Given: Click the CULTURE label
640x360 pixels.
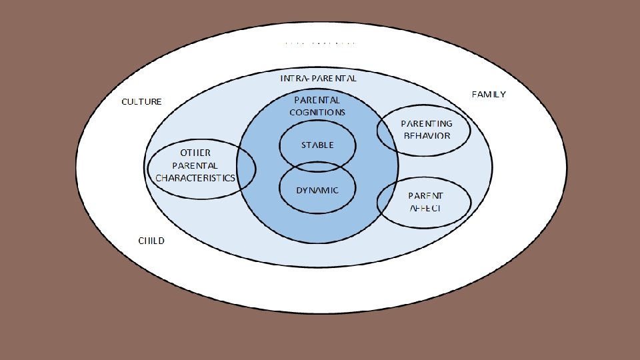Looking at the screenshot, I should pos(141,102).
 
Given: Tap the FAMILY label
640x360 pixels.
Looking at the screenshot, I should pos(489,94).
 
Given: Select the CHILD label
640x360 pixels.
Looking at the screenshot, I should pos(151,241).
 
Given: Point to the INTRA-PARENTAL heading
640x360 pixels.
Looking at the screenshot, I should pos(319,78).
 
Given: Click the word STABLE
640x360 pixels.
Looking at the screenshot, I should pos(317,145).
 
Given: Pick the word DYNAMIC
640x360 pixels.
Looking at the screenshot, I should pos(317,190).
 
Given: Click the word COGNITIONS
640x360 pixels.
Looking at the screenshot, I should pos(317,112).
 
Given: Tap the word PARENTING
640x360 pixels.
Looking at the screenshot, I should pos(426,123).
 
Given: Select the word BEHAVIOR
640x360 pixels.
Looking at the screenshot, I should pos(427,135).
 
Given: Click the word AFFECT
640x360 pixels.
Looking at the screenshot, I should pos(425,207).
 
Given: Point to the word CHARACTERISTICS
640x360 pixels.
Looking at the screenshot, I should pos(195,178).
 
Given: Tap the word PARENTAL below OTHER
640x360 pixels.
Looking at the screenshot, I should pos(195,165).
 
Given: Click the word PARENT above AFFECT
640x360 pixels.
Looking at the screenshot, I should pos(425,195).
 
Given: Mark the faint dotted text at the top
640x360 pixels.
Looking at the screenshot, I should pos(319,43).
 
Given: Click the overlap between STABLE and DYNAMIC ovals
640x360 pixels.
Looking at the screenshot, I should pos(317,166).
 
